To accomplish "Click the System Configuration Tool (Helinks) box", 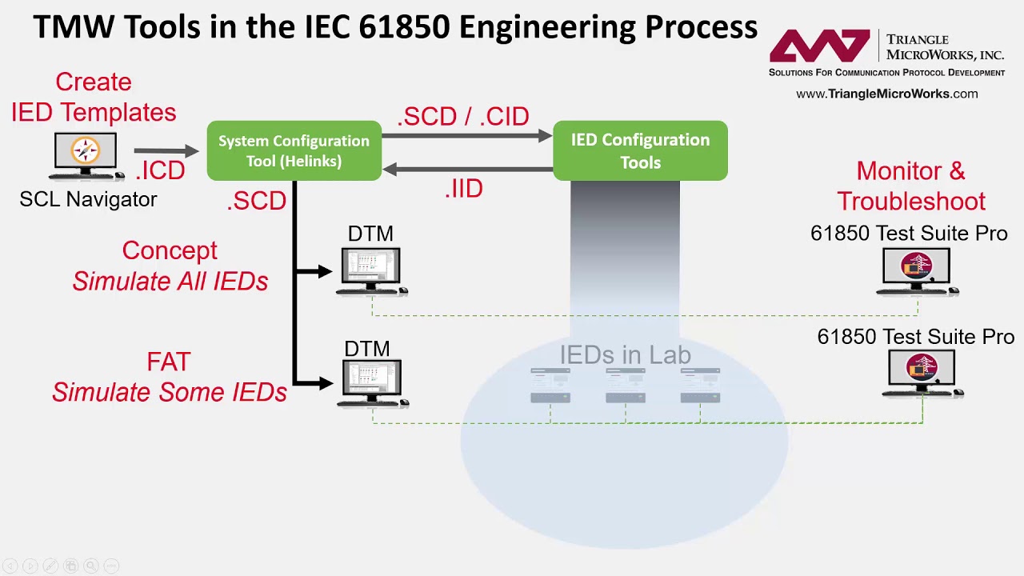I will click(x=294, y=151).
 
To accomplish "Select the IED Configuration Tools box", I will click(x=640, y=151).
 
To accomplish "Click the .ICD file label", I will click(x=160, y=170).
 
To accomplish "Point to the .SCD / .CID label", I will click(x=463, y=117).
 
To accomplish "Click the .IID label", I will click(x=464, y=190).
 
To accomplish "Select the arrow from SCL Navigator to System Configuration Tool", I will click(x=166, y=150).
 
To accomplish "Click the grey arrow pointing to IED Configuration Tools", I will click(x=467, y=137).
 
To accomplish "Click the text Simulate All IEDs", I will click(x=170, y=282).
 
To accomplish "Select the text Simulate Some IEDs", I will click(x=170, y=393).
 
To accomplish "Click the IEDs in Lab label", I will click(x=625, y=355).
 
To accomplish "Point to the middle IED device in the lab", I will click(x=625, y=385).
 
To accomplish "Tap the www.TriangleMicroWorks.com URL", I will click(x=886, y=94).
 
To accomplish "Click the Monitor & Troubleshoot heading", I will click(x=911, y=186).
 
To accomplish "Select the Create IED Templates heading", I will click(x=94, y=98).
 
